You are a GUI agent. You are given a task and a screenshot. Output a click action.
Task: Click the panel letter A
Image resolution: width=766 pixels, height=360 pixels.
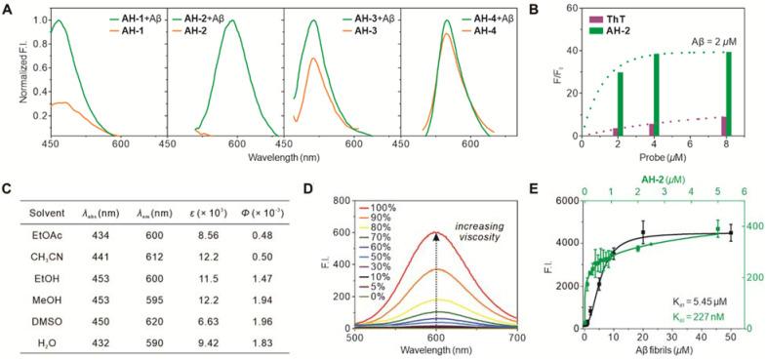(x=10, y=9)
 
